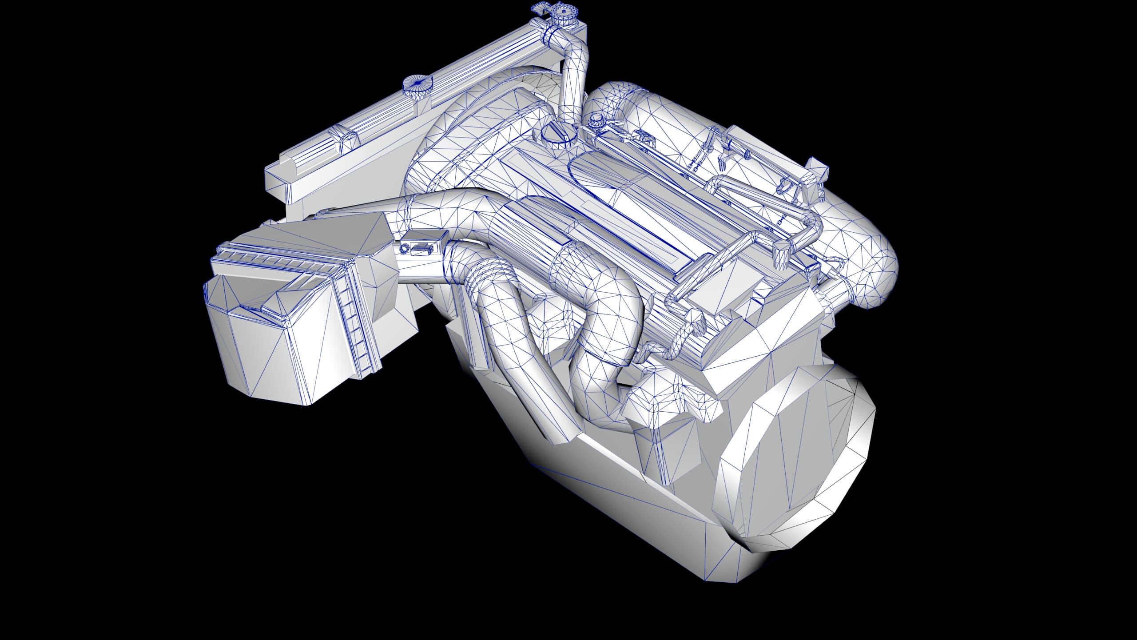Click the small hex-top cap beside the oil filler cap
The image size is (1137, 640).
point(595,120)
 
